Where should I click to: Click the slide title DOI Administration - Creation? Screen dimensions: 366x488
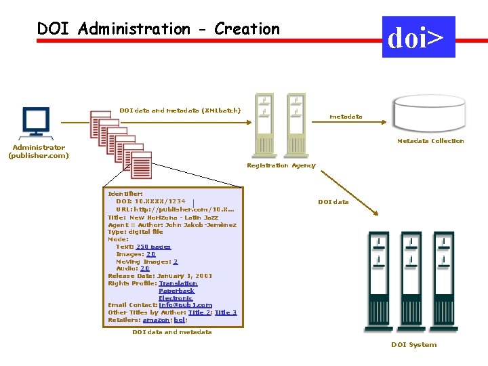(158, 29)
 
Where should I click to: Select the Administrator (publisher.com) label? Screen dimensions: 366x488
(38, 151)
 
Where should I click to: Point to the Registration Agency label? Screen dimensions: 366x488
(281, 165)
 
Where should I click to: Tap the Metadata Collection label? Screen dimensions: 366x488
(430, 141)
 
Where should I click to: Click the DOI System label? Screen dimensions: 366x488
(413, 345)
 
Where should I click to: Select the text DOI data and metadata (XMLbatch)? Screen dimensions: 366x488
(180, 110)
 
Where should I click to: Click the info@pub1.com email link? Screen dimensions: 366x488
(185, 305)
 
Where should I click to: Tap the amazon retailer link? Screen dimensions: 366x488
(157, 320)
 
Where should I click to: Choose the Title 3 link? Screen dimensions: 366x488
(226, 312)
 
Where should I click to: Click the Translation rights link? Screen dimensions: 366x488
(178, 283)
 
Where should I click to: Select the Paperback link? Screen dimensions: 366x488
(176, 291)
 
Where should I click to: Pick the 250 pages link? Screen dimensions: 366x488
(153, 247)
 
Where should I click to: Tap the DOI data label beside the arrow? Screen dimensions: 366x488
(333, 202)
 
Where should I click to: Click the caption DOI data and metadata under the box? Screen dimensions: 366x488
(172, 332)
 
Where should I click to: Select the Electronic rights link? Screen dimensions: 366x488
(176, 298)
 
